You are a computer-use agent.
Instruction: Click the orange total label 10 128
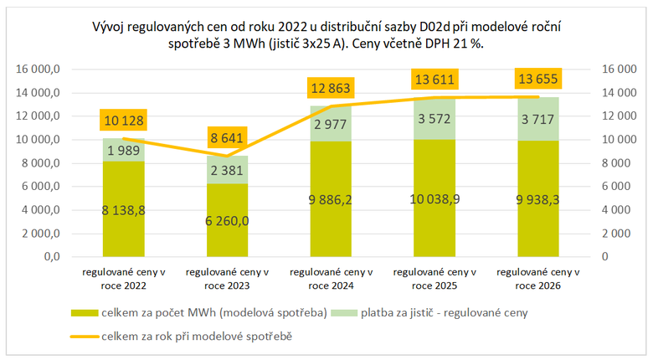[123, 120]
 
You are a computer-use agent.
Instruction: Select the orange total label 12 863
[329, 89]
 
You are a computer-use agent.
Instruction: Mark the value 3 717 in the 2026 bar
[537, 120]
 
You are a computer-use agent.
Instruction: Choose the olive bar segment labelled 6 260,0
[226, 220]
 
